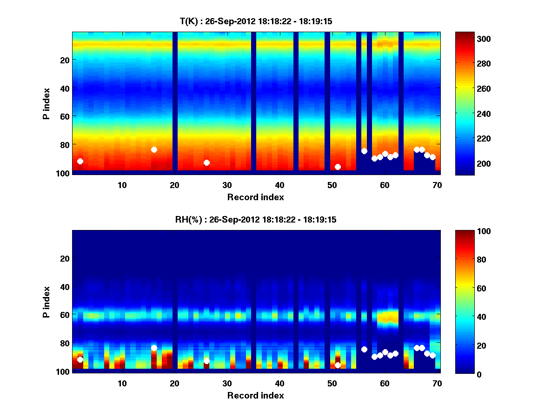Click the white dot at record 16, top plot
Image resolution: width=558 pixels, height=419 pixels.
[154, 149]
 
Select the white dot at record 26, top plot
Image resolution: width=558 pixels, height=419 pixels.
[206, 162]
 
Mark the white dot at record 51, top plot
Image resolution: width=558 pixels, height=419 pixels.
[338, 167]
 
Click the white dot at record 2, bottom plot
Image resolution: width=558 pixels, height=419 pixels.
[80, 359]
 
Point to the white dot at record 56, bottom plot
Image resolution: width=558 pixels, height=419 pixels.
[364, 349]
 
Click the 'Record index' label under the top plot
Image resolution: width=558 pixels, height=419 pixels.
[255, 197]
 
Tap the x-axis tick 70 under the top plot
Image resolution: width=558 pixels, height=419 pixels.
[437, 184]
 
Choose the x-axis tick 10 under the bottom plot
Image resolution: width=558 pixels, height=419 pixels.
[122, 383]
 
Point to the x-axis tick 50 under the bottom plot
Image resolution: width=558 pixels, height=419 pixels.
[332, 383]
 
